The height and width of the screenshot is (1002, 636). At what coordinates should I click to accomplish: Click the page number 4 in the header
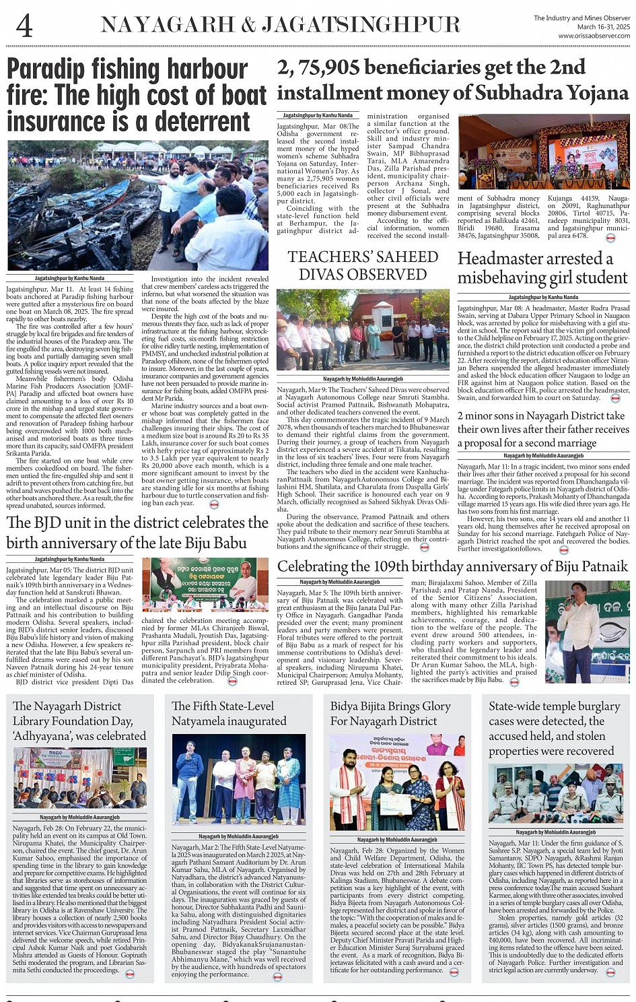point(24,26)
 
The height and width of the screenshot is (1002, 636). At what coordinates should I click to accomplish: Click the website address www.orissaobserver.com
point(594,36)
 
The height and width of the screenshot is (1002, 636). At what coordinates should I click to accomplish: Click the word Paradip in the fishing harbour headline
point(46,69)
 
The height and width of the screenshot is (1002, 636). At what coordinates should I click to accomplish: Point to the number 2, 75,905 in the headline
point(317,67)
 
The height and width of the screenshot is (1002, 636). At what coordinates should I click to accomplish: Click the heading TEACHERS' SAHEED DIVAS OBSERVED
point(362,265)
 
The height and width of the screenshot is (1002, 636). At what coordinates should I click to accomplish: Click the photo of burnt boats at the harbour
point(137,206)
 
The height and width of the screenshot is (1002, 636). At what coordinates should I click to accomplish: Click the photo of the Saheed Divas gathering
point(362,330)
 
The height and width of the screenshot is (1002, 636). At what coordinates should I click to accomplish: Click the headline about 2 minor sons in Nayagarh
point(542,429)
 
